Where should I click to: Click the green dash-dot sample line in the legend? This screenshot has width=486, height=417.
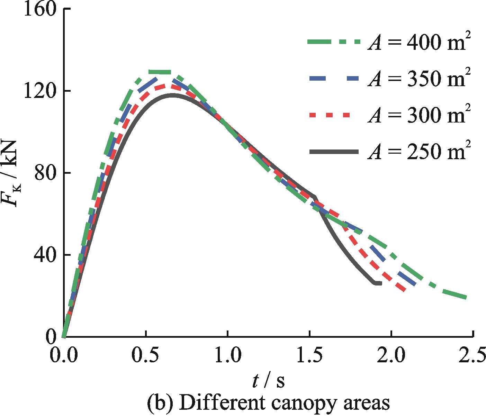[x=333, y=42]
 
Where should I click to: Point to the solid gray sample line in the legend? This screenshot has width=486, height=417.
[x=333, y=152]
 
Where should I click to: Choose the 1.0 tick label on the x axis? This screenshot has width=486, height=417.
[x=227, y=356]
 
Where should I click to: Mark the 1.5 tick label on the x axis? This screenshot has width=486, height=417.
[x=309, y=356]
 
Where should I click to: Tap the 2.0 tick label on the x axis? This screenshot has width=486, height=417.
[x=391, y=356]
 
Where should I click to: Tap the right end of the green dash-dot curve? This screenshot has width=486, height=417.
[x=466, y=297]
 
